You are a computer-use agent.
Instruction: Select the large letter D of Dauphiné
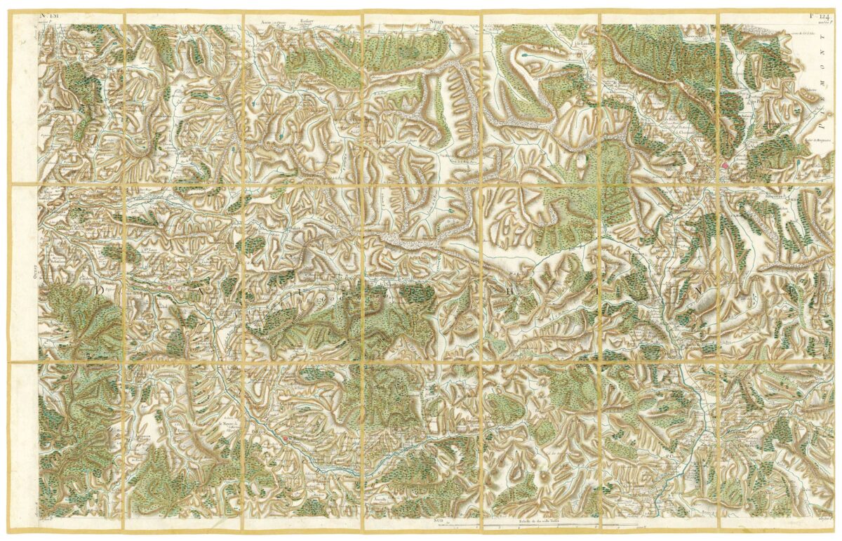coord(100,289)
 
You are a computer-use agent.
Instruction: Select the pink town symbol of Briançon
coord(724,166)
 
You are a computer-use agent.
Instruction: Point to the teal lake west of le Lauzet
coord(526,53)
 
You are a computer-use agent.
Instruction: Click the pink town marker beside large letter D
coord(169,288)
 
